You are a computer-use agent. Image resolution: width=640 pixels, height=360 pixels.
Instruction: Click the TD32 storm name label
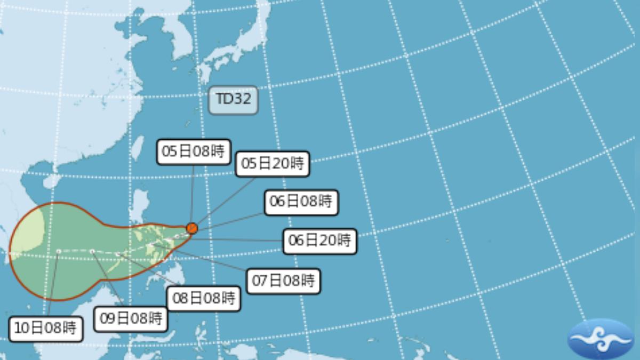(233, 100)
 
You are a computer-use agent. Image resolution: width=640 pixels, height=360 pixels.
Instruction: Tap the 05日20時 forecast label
(272, 164)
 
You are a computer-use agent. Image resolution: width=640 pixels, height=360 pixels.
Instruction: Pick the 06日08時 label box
(301, 202)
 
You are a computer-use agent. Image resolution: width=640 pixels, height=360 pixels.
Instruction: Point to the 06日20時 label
(319, 241)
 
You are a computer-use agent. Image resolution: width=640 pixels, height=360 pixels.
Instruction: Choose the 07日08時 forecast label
(283, 281)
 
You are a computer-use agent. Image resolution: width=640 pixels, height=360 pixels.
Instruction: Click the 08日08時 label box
(204, 299)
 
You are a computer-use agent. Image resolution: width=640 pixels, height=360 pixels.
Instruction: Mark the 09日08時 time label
(131, 319)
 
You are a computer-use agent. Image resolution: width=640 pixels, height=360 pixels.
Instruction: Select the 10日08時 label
(46, 329)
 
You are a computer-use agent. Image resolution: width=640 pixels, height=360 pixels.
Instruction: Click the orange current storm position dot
(192, 228)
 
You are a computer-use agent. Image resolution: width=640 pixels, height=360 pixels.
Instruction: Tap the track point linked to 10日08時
(58, 251)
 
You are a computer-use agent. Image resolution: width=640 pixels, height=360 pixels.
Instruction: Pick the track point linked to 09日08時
(92, 251)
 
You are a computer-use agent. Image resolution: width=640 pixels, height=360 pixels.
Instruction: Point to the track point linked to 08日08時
(118, 254)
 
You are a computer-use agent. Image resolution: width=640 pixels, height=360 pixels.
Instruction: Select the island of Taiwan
(138, 148)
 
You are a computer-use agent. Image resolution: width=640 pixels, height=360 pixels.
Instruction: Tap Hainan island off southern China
(52, 181)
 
